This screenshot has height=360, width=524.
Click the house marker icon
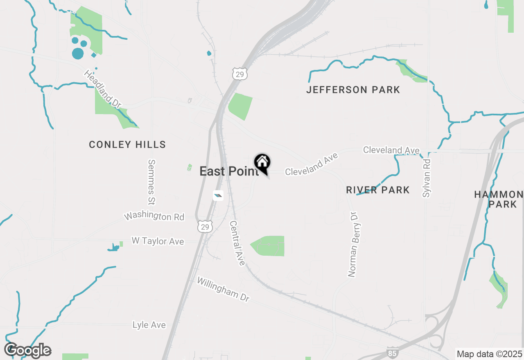(262, 163)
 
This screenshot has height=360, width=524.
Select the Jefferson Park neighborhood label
(353, 90)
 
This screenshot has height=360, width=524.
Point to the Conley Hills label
(127, 144)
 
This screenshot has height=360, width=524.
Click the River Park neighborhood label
(377, 190)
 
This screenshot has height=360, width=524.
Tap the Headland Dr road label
(103, 89)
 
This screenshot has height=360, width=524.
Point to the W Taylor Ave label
(158, 241)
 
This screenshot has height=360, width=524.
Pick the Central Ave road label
(237, 243)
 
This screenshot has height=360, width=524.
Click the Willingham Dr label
(223, 289)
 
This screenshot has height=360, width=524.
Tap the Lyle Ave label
(149, 325)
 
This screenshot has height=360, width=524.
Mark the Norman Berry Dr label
(353, 244)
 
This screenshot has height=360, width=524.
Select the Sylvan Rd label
(427, 178)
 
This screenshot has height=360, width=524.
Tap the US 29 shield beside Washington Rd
(205, 226)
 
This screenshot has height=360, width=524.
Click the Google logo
(27, 350)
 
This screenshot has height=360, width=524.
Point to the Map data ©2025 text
(489, 354)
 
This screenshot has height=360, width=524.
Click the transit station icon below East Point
(218, 196)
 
